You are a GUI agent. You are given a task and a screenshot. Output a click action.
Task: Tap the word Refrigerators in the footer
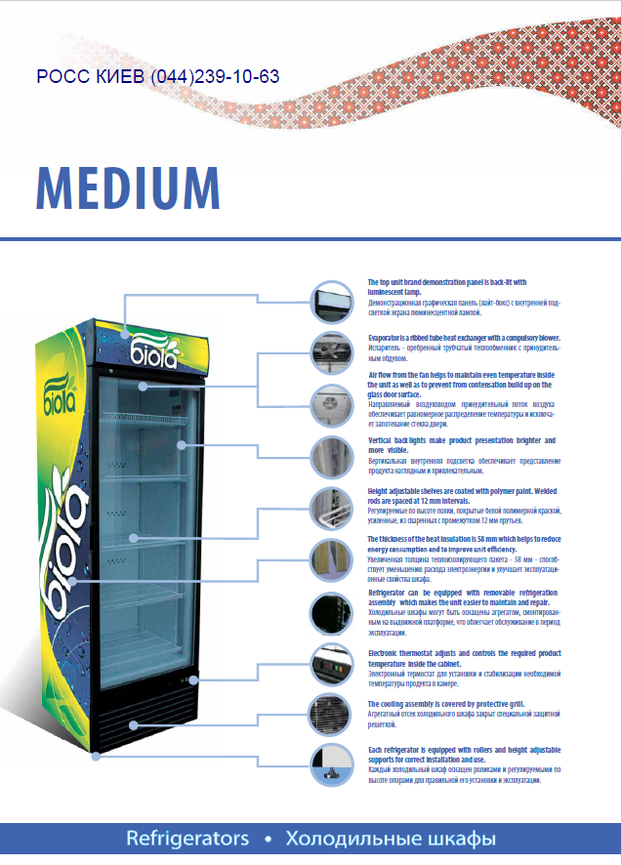187,839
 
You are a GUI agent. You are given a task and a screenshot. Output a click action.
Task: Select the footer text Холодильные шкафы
391,839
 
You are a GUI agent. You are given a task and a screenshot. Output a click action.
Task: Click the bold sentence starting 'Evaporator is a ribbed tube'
463,336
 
